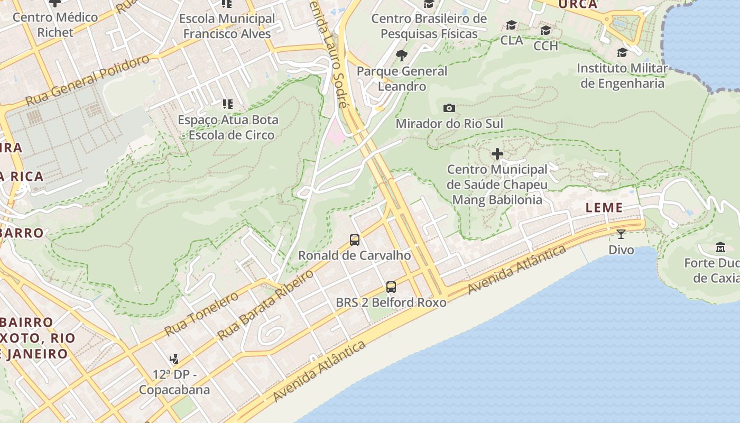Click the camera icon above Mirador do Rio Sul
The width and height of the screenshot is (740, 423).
(449, 108)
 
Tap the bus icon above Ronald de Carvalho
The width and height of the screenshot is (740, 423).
(355, 240)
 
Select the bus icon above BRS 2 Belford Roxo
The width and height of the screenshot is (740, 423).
(391, 287)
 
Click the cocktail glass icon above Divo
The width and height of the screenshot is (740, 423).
(621, 234)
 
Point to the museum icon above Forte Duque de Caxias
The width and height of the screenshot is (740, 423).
(720, 247)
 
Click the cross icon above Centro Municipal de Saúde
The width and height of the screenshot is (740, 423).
(497, 154)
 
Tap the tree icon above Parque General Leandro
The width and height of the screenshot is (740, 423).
(402, 56)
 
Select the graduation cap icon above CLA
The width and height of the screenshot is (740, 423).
(511, 25)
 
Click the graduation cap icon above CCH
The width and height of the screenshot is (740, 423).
(545, 31)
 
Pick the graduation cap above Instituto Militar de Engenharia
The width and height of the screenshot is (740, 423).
(622, 52)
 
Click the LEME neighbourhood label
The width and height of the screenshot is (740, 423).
(605, 208)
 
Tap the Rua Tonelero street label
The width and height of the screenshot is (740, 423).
(201, 314)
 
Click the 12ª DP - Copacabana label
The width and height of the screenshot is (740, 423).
(174, 382)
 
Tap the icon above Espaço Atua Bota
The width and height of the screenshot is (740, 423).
(227, 104)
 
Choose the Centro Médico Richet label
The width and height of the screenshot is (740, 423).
(55, 24)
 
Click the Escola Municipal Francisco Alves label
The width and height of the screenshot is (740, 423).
(227, 26)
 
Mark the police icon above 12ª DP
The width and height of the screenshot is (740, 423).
(174, 359)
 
